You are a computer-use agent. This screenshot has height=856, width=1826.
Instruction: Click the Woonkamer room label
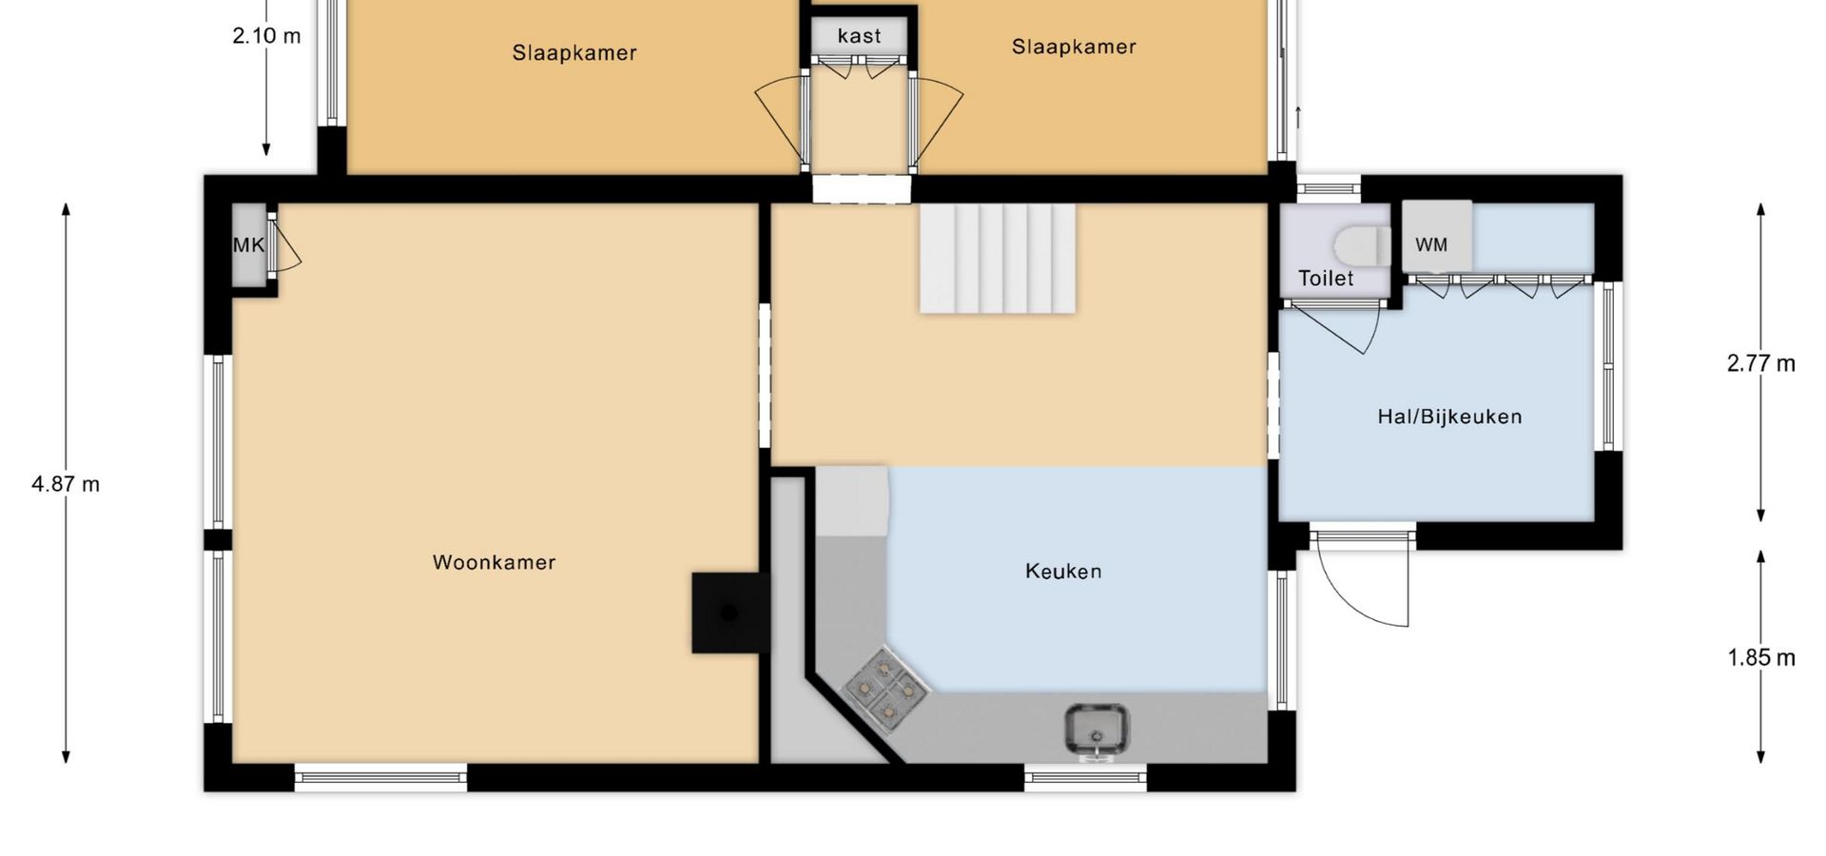(494, 562)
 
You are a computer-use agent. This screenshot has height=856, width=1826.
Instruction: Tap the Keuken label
(1063, 571)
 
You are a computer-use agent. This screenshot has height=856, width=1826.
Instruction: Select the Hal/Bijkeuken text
(1449, 417)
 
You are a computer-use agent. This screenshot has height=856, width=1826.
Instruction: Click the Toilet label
(1326, 278)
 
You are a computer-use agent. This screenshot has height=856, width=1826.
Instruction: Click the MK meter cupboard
(249, 244)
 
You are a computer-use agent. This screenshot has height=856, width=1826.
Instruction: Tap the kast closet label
(859, 36)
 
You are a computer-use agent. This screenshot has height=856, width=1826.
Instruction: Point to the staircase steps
(997, 258)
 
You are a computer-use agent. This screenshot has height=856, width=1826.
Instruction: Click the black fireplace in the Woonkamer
(728, 613)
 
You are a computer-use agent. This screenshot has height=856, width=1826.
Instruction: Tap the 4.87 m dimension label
(66, 484)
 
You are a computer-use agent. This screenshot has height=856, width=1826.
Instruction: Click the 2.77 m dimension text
(1761, 363)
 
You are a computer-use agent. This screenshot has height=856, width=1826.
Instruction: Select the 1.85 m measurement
(1761, 657)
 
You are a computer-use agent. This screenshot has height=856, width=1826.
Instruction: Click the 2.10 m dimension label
(266, 36)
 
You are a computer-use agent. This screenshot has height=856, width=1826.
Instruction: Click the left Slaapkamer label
(574, 52)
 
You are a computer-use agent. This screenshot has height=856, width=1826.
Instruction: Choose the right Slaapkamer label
(1074, 47)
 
